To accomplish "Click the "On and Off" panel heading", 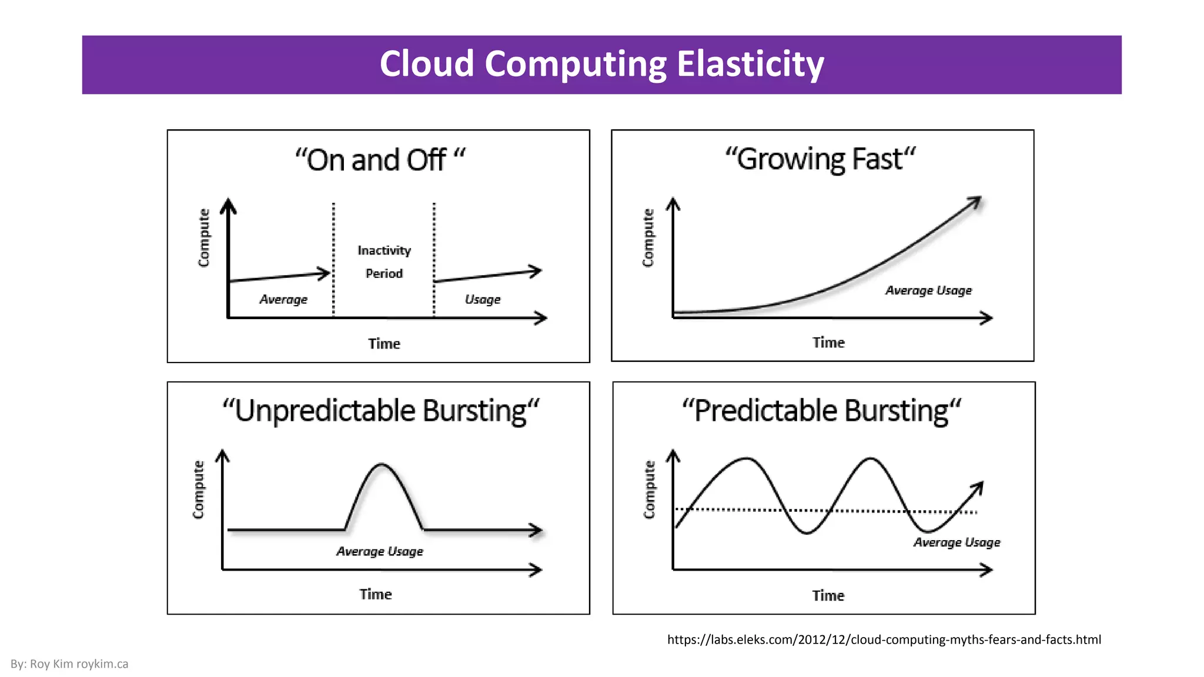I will click(379, 160).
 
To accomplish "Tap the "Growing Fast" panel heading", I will click(820, 159).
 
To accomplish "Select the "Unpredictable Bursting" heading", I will click(380, 410).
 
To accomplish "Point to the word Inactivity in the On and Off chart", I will click(384, 250).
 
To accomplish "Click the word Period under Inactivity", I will click(384, 273).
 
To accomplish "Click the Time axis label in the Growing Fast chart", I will click(828, 343).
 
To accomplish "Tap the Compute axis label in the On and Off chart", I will click(203, 237).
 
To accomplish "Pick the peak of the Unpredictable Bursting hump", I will click(382, 465).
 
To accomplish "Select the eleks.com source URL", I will click(884, 639).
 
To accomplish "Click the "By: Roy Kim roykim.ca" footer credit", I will click(69, 664).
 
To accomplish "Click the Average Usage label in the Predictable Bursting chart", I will click(956, 542).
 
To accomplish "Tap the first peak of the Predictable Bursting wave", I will click(747, 458).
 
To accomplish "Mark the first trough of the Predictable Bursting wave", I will click(807, 532).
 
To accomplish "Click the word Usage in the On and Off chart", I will click(482, 300).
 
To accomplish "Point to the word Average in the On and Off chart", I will click(283, 300).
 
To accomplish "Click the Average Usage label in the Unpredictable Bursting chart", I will click(379, 551).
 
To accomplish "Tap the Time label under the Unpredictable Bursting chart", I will click(375, 594).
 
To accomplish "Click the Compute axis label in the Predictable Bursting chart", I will click(649, 490).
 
